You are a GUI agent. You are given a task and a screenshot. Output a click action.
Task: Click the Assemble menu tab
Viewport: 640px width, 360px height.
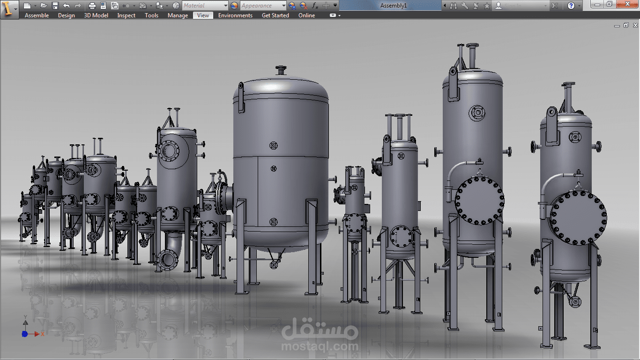[37, 15]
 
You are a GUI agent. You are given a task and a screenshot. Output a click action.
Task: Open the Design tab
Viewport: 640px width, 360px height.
[66, 15]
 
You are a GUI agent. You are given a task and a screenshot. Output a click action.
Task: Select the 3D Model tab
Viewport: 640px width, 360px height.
[96, 15]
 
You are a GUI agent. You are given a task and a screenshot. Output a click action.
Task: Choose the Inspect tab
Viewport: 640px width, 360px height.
[126, 15]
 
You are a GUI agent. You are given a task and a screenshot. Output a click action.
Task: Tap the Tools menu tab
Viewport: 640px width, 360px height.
[151, 15]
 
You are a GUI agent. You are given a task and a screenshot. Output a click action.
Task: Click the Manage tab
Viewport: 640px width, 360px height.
[178, 15]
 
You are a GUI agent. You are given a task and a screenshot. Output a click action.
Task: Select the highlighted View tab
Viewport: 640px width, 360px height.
[203, 15]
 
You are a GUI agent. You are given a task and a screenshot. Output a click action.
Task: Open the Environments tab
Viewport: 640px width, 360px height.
[235, 15]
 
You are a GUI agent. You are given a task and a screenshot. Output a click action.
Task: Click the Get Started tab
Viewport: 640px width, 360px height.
[275, 15]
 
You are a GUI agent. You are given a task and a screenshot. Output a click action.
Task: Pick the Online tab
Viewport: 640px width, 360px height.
[306, 15]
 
